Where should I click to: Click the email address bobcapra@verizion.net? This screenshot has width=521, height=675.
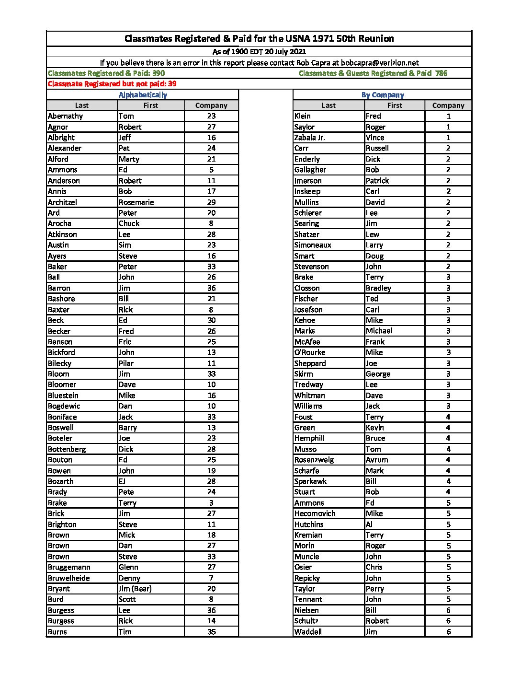point(380,63)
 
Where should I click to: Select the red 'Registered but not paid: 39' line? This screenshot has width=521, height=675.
point(112,84)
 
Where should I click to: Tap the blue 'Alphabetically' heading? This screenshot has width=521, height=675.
point(143,95)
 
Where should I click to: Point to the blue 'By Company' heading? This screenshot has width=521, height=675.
point(383,95)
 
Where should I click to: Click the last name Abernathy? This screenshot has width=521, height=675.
point(65,116)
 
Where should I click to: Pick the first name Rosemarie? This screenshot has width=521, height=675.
point(136,202)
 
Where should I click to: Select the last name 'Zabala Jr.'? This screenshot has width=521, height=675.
point(309,138)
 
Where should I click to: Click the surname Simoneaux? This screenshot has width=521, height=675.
point(313,245)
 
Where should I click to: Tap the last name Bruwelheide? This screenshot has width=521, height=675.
point(68,578)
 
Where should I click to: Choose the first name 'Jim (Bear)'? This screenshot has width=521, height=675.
point(135,589)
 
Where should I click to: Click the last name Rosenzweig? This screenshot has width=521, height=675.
point(314,460)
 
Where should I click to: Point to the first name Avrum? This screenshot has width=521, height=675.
point(377,460)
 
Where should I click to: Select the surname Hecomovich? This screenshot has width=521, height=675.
point(315,513)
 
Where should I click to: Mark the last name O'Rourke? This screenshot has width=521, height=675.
point(310,352)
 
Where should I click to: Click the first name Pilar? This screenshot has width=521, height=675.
point(126,363)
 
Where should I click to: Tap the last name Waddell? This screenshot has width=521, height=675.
point(308,632)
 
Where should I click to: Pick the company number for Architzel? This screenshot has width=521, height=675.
point(211,202)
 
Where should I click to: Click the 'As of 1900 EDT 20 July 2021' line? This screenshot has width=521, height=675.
point(259,52)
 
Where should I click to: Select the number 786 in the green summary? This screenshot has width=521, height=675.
point(441,73)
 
